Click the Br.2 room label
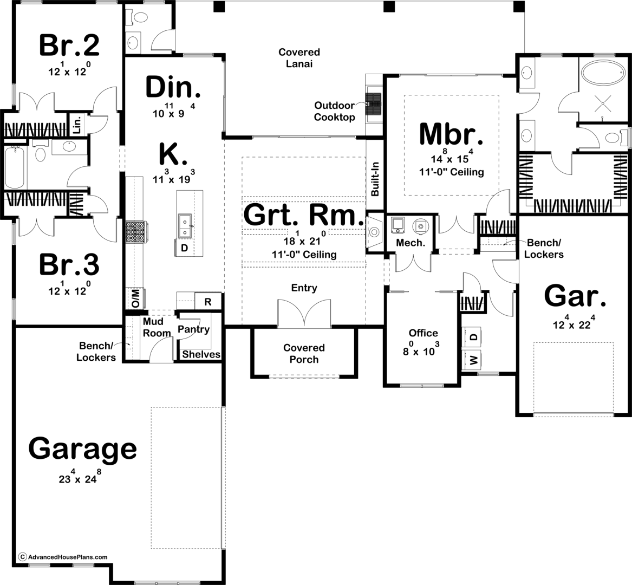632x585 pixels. tap(69, 45)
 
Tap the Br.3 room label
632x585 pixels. tap(69, 265)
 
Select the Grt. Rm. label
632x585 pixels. tap(304, 215)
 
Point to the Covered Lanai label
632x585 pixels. tap(299, 57)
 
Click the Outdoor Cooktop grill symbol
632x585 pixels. tap(373, 105)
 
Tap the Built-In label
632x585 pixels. tap(375, 179)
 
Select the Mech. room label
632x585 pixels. tap(411, 243)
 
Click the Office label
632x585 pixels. tap(423, 333)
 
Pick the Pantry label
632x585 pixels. tap(193, 329)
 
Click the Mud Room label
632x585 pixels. tap(157, 327)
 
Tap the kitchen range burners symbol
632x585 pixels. tap(135, 232)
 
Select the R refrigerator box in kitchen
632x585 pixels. tap(208, 302)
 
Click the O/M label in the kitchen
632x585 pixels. tap(135, 298)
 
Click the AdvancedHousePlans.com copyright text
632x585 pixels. tap(64, 557)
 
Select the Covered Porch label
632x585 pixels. tap(304, 354)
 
